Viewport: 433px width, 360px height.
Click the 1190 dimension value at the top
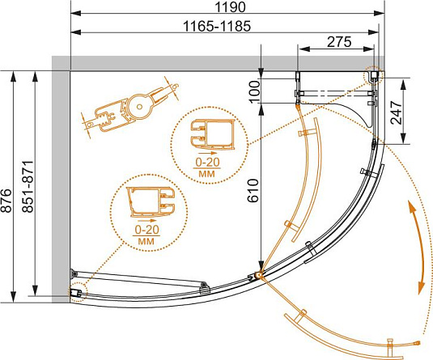(x=230, y=7)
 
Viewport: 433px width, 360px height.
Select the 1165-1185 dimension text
(x=217, y=27)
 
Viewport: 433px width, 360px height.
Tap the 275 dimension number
(x=339, y=42)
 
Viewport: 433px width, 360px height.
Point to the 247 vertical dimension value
(x=396, y=112)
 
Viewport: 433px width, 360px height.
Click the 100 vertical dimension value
(x=255, y=92)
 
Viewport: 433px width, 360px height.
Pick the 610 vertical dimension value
(x=253, y=190)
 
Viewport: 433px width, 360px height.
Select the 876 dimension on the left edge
(x=6, y=201)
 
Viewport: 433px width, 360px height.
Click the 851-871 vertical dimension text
(x=28, y=187)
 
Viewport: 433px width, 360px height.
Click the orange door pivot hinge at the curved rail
(x=259, y=275)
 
